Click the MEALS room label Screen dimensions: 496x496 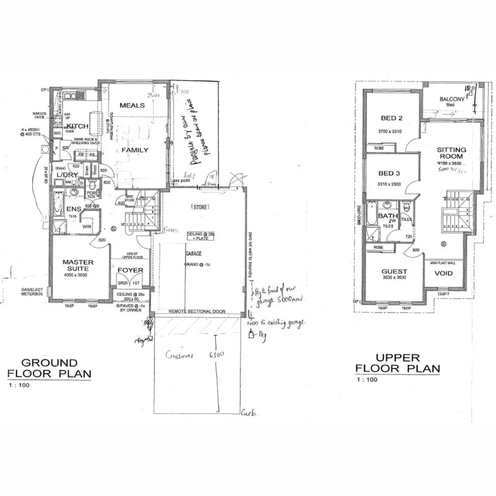pyautogui.click(x=132, y=106)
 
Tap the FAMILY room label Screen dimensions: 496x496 pyautogui.click(x=135, y=150)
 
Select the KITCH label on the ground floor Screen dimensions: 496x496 pyautogui.click(x=74, y=126)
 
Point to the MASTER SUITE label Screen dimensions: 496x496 pyautogui.click(x=78, y=265)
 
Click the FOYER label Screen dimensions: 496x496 pyautogui.click(x=130, y=270)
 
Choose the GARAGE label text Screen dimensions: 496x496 pyautogui.click(x=193, y=253)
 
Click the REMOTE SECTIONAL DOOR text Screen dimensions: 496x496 pyautogui.click(x=197, y=311)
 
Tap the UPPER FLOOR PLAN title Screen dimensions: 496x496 pyautogui.click(x=398, y=363)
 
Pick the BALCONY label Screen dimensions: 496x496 pyautogui.click(x=452, y=99)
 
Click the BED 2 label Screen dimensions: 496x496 pyautogui.click(x=391, y=118)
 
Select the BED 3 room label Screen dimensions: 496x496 pyautogui.click(x=389, y=174)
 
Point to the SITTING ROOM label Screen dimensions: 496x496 pyautogui.click(x=451, y=153)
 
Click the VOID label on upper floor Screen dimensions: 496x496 pyautogui.click(x=443, y=273)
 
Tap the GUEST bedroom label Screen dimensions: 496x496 pyautogui.click(x=394, y=271)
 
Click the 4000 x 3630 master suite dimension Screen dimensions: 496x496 pyautogui.click(x=78, y=275)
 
